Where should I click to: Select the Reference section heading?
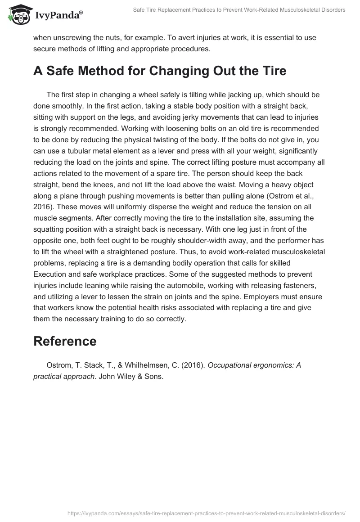[65, 341]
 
